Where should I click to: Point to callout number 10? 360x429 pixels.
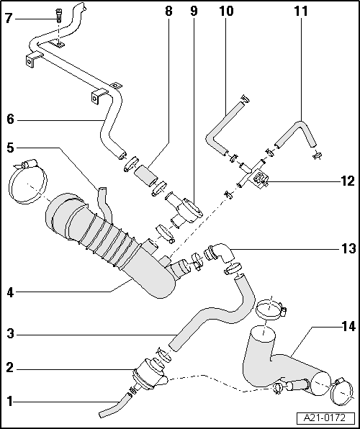point(226,12)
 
